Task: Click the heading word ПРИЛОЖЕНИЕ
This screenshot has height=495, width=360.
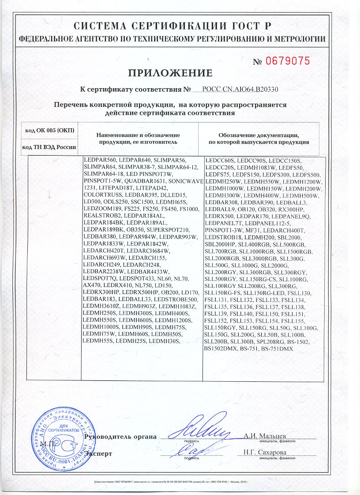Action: coord(170,73)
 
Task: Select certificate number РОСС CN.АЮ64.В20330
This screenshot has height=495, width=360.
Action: coord(240,89)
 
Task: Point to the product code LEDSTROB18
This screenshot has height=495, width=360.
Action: coord(224,238)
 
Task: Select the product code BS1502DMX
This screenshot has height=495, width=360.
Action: coord(222,349)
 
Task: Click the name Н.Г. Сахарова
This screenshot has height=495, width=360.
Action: coord(265,452)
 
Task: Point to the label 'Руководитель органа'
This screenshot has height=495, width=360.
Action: coord(121,437)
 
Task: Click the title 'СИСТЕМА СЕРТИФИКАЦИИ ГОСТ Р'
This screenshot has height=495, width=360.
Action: coord(172,26)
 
